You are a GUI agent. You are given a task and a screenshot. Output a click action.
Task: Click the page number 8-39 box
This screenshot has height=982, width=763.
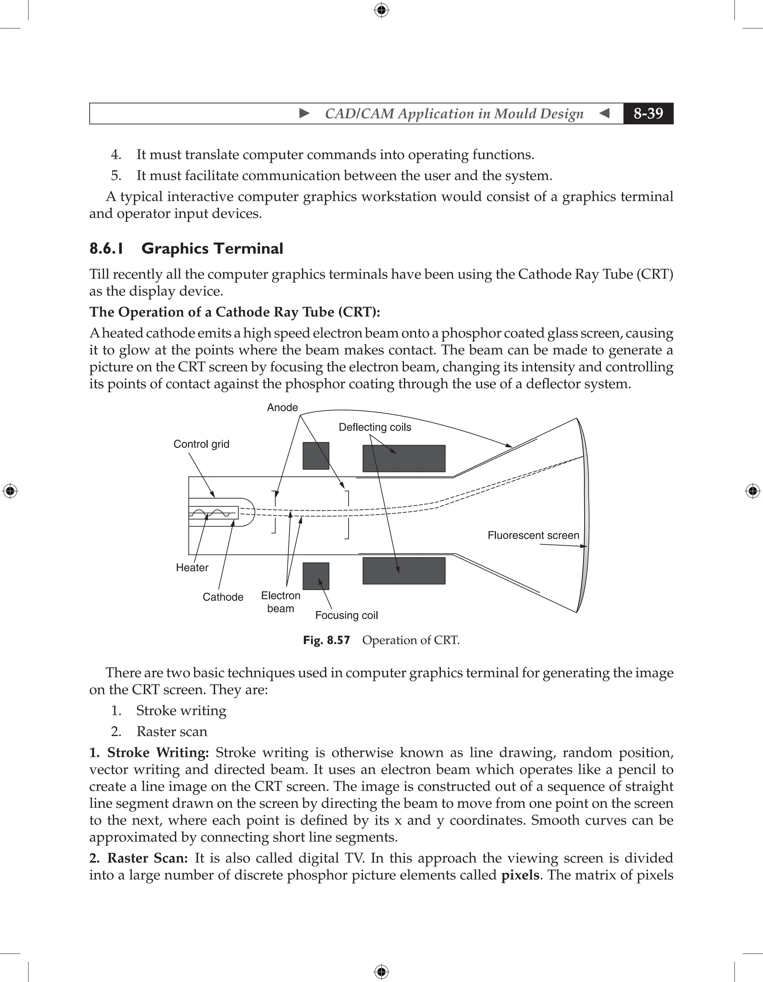(648, 113)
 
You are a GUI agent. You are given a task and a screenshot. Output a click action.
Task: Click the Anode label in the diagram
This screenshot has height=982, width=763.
(282, 408)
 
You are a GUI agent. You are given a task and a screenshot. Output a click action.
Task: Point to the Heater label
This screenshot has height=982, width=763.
(192, 568)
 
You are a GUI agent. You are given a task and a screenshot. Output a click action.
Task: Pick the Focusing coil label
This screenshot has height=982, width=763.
(346, 615)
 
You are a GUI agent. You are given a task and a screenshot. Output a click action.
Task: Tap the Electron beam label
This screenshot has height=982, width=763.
(281, 602)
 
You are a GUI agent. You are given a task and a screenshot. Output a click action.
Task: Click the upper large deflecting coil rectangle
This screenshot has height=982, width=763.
(404, 459)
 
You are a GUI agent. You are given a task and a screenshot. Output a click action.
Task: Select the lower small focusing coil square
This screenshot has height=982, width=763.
(316, 576)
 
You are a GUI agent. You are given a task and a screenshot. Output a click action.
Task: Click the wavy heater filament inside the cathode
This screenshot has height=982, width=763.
(213, 513)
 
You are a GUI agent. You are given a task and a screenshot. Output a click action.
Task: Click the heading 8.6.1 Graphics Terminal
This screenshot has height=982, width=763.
(186, 248)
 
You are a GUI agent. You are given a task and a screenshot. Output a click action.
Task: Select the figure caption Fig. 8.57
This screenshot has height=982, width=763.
(326, 640)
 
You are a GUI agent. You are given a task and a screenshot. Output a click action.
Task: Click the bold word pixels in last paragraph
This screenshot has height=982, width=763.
(520, 875)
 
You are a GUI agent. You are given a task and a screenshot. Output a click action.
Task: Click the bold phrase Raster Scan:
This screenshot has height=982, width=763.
(148, 858)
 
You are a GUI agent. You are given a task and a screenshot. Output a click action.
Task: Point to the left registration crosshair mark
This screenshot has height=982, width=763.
(10, 491)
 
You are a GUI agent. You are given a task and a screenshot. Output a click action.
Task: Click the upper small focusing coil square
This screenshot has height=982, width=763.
(316, 456)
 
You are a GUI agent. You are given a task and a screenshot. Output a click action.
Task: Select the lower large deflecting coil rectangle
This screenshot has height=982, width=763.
(404, 571)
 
